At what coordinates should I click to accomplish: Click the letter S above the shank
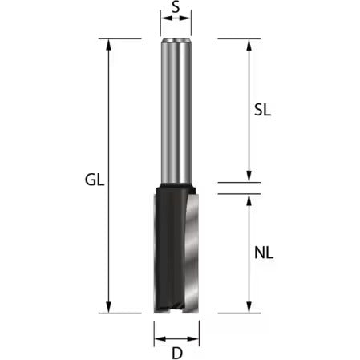tap(176, 7)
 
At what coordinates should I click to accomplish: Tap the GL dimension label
tap(95, 180)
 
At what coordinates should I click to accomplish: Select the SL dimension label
tap(262, 110)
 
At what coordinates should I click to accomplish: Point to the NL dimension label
tap(264, 253)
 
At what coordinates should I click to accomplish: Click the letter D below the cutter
tap(177, 354)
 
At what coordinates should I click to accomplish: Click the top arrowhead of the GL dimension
tap(108, 45)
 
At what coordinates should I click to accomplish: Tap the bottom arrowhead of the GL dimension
tap(108, 307)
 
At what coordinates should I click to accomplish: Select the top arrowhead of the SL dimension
tap(249, 45)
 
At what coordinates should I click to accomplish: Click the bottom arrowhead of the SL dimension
tap(249, 176)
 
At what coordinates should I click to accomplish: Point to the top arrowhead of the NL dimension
tap(249, 200)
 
